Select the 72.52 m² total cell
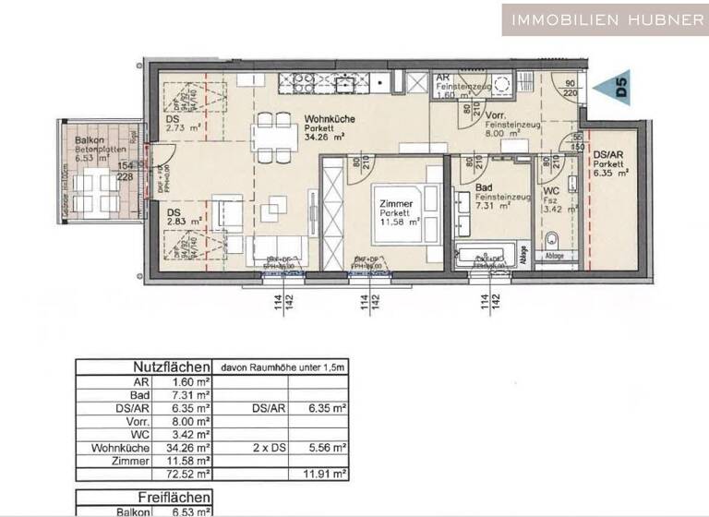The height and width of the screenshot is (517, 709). pyautogui.click(x=189, y=474)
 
